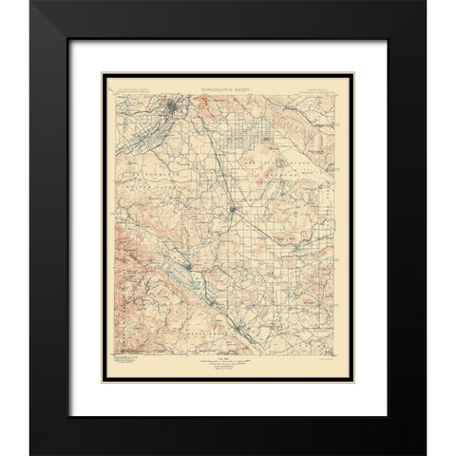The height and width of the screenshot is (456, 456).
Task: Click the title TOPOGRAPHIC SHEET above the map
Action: [228, 85]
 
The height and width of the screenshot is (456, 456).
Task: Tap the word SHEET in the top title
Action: [251, 85]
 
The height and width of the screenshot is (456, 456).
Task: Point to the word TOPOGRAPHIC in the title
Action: [218, 85]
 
